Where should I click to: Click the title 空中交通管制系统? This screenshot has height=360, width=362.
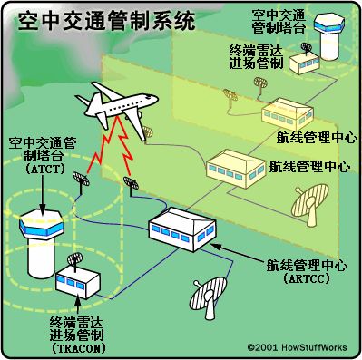pyautogui.click(x=107, y=21)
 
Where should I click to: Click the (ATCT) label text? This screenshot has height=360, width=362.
pyautogui.click(x=44, y=169)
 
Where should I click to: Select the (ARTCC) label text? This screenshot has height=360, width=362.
pyautogui.click(x=306, y=278)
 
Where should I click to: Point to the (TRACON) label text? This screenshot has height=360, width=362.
pyautogui.click(x=78, y=348)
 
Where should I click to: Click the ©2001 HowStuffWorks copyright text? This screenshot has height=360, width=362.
pyautogui.click(x=297, y=347)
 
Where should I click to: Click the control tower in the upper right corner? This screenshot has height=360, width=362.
pyautogui.click(x=328, y=37)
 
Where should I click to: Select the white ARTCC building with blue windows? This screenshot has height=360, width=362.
pyautogui.click(x=182, y=229)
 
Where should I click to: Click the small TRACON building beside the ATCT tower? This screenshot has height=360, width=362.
pyautogui.click(x=78, y=283)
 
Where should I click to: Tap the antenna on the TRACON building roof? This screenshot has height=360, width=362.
pyautogui.click(x=74, y=259)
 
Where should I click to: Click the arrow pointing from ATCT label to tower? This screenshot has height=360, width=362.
pyautogui.click(x=43, y=195)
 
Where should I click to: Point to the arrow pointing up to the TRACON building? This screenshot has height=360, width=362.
pyautogui.click(x=78, y=305)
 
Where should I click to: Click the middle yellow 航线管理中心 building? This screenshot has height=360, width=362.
pyautogui.click(x=236, y=169)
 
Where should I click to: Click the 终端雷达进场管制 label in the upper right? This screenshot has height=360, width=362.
pyautogui.click(x=256, y=57)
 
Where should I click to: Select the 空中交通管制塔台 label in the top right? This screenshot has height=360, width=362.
pyautogui.click(x=279, y=21)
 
